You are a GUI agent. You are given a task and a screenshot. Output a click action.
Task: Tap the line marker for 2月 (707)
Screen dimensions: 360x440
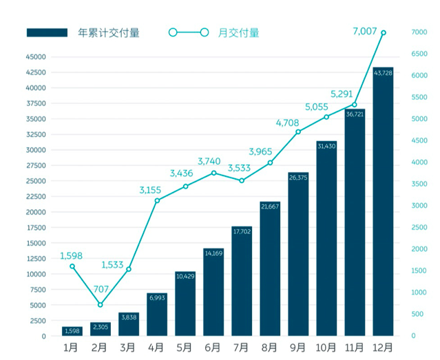click(101, 304)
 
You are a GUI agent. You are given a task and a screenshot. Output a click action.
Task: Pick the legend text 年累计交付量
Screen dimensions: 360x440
click(109, 32)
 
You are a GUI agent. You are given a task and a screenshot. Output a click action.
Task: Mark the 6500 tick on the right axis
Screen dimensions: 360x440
click(419, 54)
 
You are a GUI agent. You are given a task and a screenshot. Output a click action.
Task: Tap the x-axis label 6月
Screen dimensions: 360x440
click(213, 348)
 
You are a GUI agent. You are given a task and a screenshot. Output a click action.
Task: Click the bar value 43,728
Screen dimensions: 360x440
click(383, 72)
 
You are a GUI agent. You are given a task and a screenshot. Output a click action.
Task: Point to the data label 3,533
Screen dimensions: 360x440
click(241, 168)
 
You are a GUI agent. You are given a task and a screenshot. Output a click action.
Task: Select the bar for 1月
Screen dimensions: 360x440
click(72, 332)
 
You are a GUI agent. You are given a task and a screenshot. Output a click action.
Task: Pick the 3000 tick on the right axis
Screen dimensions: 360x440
click(419, 206)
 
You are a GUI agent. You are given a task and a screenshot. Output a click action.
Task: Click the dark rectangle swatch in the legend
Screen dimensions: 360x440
click(47, 32)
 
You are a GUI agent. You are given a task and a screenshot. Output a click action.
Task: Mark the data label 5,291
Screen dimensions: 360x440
click(343, 94)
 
